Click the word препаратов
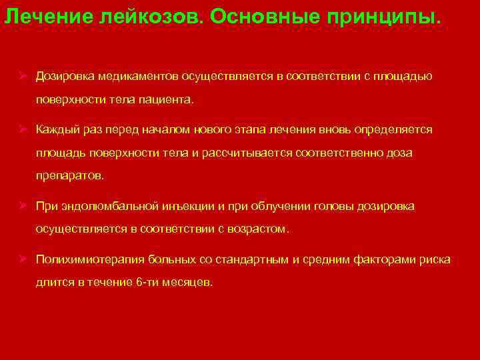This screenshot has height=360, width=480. pos(69,177)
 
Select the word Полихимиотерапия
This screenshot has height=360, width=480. pos(82,259)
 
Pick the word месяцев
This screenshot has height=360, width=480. pos(189,283)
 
